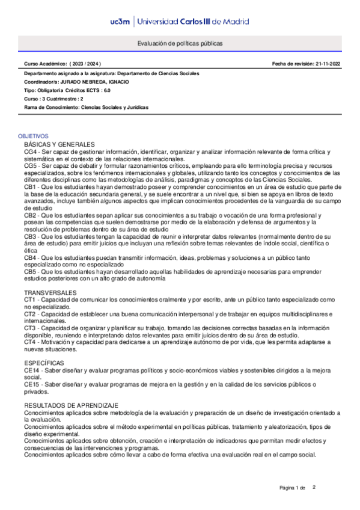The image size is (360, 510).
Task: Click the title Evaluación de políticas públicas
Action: (x=180, y=44)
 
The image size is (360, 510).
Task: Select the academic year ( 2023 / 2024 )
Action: (x=87, y=63)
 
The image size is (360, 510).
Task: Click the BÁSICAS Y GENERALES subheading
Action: (x=59, y=145)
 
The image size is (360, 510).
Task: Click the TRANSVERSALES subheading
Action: (x=50, y=292)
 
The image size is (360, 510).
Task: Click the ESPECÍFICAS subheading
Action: (x=44, y=363)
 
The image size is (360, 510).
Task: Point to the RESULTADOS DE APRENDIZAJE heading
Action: (x=72, y=406)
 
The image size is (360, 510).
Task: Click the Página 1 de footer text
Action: (x=293, y=487)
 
